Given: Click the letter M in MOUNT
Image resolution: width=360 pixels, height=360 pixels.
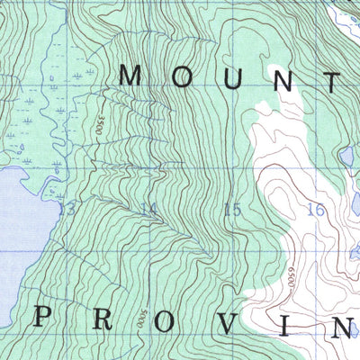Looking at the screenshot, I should coord(130,76).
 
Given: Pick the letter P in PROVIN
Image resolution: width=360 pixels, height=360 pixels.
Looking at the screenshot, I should coord(41,317).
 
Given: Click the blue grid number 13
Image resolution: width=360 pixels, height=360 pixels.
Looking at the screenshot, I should coord(66,209).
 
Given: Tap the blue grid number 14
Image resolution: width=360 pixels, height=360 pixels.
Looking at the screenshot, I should coord(148,210).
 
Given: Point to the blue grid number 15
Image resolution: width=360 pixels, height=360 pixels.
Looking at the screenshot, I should coord(232,210).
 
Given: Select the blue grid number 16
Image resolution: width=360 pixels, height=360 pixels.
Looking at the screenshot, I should coord(315,211).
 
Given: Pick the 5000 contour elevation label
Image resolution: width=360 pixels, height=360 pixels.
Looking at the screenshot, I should coord(143,317).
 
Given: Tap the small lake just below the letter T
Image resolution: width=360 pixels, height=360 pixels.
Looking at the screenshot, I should coord(346,157).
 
